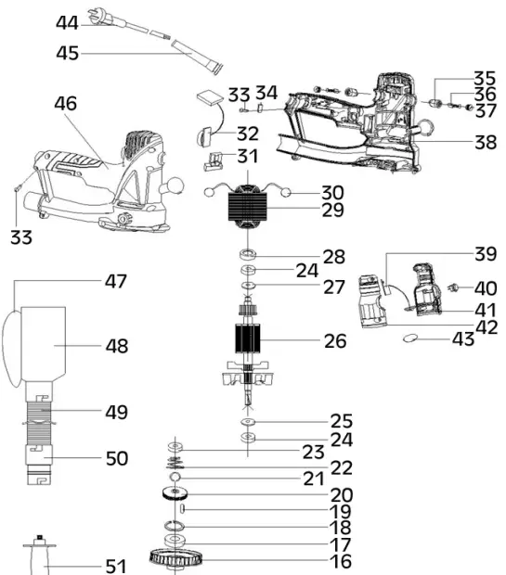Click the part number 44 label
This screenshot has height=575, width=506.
point(67,23)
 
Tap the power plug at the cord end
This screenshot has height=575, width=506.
point(97,17)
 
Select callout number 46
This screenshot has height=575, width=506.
point(66,104)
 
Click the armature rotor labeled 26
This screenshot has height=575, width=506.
point(247,339)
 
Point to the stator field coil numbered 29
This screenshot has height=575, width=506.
point(248,208)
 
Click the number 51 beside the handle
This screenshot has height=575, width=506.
point(116,567)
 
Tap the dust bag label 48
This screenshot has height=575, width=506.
point(117,346)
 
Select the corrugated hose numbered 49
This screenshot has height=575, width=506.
point(39,423)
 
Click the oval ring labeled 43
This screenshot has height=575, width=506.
point(410,338)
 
